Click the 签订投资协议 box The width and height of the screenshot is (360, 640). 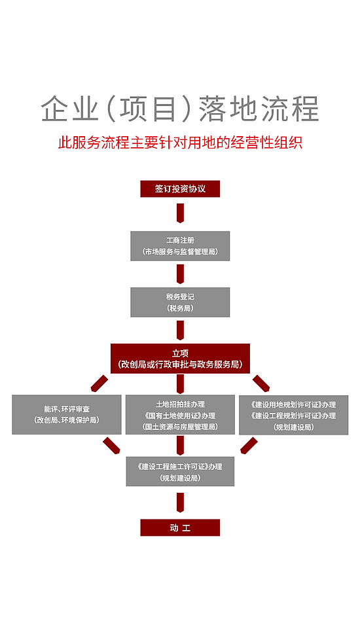coord(180,189)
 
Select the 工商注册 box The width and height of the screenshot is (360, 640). coord(180,245)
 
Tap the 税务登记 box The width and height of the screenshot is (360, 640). coord(180,302)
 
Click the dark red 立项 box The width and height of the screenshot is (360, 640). coord(180,359)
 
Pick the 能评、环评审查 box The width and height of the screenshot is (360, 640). coord(67,414)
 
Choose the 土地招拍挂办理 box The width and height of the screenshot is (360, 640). coord(180,414)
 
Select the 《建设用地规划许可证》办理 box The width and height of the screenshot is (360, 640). coord(293,415)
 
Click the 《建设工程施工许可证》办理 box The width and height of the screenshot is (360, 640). coord(180,471)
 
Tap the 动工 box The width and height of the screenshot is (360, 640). coord(180,527)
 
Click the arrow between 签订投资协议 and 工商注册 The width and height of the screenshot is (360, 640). coord(180,213)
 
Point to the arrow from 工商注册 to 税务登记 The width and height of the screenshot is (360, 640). coord(180,274)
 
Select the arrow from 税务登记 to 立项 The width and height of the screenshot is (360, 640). coord(180,330)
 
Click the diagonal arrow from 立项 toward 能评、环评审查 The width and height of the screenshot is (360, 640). coord(99,383)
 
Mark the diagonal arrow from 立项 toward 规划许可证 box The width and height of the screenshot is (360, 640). coord(261,383)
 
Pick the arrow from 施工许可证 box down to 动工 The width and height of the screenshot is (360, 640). coord(180,503)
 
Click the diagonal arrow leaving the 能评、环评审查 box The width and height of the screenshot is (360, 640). coord(111,446)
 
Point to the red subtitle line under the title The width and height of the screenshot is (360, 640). coord(180,143)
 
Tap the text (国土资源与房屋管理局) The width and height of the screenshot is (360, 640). coord(180,427)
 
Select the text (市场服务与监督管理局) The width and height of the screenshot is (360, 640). coord(180,252)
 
